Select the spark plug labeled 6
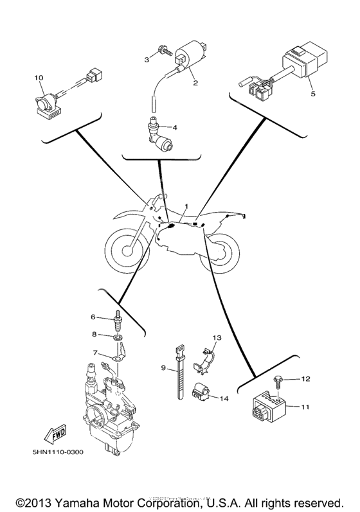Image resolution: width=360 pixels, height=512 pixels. tap(118, 319)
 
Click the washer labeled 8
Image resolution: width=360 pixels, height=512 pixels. tap(118, 337)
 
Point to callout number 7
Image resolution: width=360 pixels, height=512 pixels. tap(96, 353)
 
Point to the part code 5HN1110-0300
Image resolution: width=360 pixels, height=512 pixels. tap(57, 452)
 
